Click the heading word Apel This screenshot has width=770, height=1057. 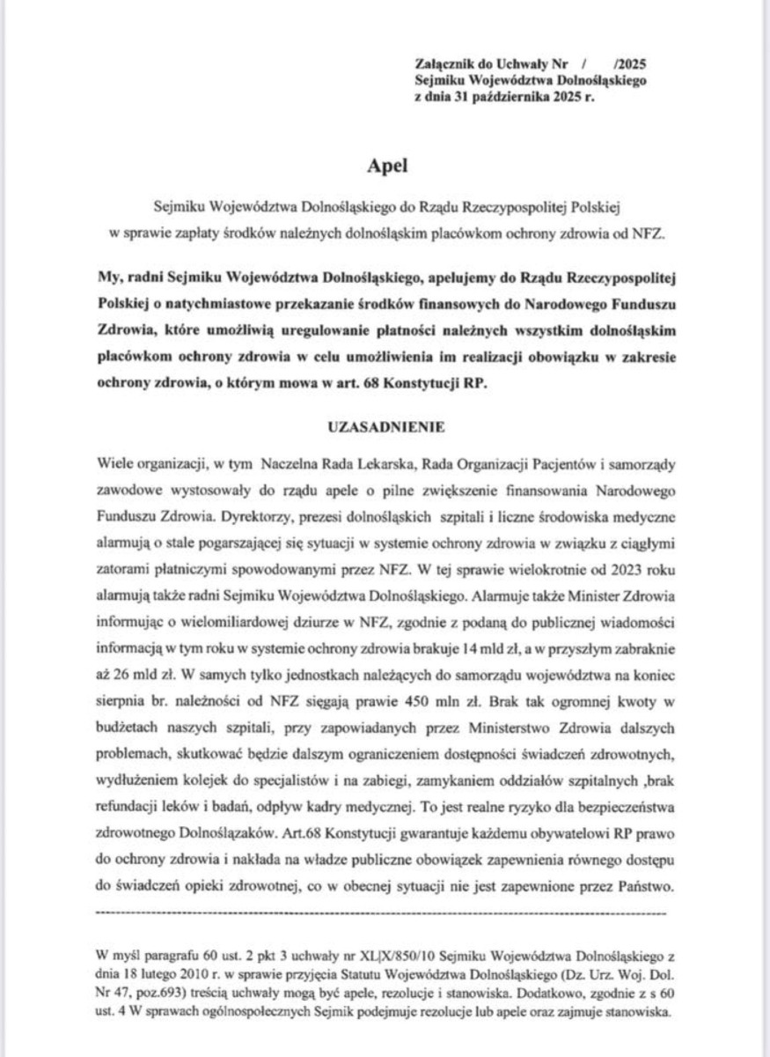tap(385, 165)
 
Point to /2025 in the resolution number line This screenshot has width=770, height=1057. tap(631, 64)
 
